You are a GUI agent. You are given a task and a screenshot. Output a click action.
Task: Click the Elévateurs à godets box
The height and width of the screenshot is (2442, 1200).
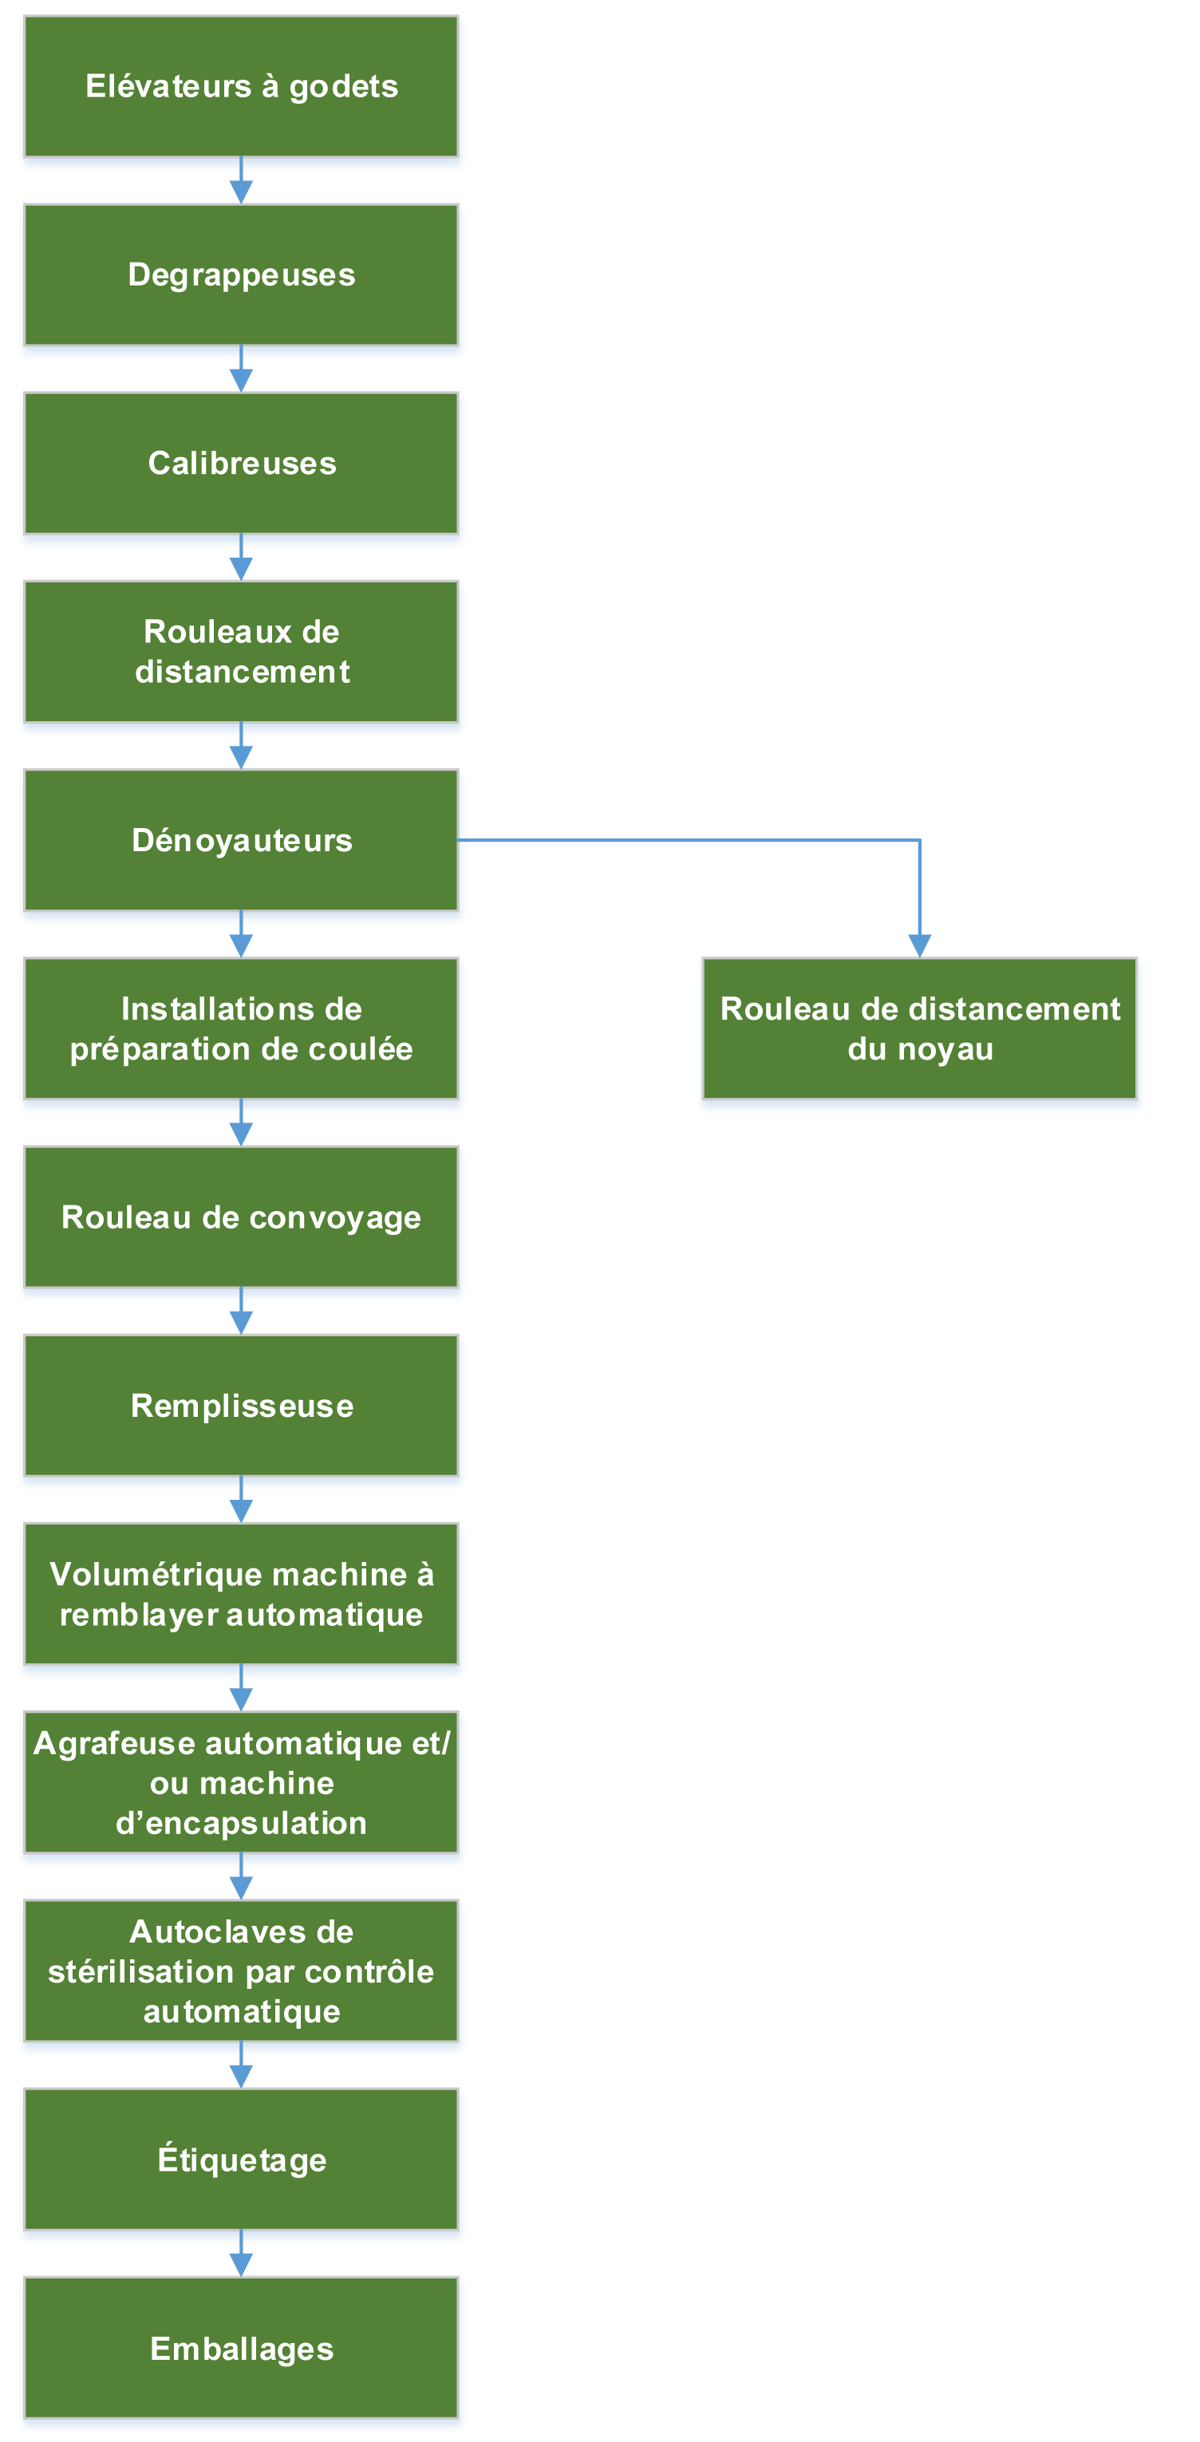pyautogui.click(x=241, y=86)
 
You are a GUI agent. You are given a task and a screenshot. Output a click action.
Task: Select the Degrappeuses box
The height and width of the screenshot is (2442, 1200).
pyautogui.click(x=241, y=275)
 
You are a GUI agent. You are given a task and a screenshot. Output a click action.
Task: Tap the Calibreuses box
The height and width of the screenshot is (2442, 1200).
pyautogui.click(x=241, y=464)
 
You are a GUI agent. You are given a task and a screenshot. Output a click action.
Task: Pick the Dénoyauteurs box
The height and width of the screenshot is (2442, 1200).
pyautogui.click(x=241, y=840)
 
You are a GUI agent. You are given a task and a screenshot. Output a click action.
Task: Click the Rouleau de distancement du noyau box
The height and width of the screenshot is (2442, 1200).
pyautogui.click(x=919, y=1028)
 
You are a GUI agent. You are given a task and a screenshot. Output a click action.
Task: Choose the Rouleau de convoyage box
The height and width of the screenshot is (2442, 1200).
pyautogui.click(x=241, y=1217)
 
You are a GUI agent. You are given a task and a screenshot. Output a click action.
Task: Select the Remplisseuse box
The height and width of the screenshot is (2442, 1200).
pyautogui.click(x=241, y=1406)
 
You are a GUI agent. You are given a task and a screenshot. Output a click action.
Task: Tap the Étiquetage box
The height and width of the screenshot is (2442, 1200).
pyautogui.click(x=241, y=2160)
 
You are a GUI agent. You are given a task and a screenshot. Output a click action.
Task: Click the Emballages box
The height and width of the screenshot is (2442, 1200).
pyautogui.click(x=241, y=2348)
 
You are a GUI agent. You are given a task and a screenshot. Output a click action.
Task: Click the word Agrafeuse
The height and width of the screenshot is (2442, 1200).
pyautogui.click(x=115, y=1744)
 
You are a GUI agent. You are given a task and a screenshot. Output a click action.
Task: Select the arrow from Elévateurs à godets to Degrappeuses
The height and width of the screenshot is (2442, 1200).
pyautogui.click(x=241, y=180)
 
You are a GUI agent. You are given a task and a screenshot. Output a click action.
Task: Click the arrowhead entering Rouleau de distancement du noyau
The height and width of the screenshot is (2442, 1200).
pyautogui.click(x=919, y=946)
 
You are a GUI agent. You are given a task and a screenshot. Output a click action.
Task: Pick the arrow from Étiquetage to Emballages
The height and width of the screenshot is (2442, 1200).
pyautogui.click(x=241, y=2254)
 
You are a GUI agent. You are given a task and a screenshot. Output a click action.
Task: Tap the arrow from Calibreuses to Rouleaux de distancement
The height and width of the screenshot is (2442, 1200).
pyautogui.click(x=241, y=558)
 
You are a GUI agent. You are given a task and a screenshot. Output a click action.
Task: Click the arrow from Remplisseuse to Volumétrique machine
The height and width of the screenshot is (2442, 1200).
pyautogui.click(x=241, y=1500)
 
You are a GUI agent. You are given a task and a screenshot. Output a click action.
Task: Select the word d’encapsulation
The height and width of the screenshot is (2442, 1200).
pyautogui.click(x=241, y=1824)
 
